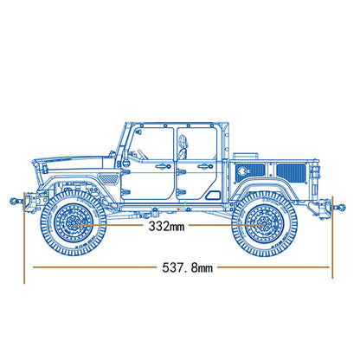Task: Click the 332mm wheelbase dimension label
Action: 166,228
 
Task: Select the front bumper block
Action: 32,200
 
